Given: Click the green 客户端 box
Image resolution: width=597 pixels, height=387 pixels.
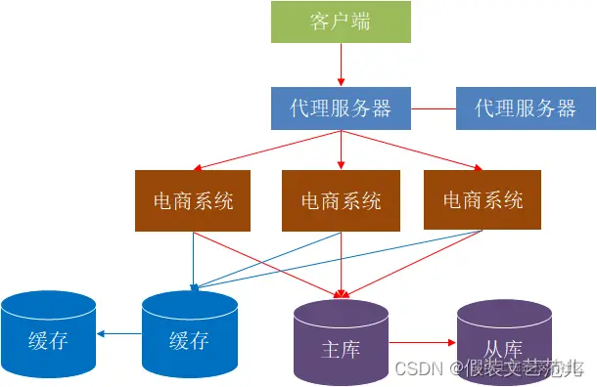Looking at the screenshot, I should [x=341, y=21].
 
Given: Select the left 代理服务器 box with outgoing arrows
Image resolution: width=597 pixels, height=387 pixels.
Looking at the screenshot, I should [x=341, y=107].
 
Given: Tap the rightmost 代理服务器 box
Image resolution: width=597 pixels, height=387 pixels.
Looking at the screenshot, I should [x=526, y=107].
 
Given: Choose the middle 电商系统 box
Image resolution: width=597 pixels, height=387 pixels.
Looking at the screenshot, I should [x=341, y=201].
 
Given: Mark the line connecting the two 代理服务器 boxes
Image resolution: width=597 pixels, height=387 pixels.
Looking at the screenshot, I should [x=434, y=107].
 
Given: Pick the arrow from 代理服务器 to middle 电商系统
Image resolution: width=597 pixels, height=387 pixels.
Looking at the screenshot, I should [x=341, y=150].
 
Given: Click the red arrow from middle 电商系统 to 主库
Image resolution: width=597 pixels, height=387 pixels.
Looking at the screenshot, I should [x=341, y=264].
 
